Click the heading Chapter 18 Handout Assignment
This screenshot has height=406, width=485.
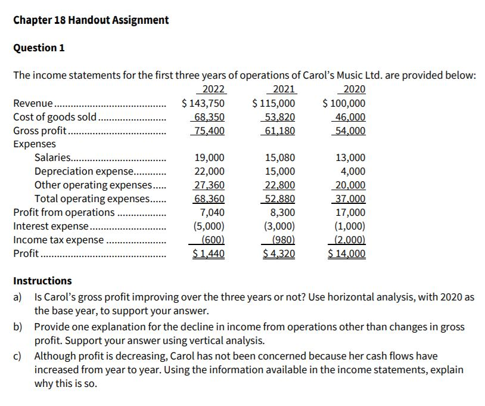pyautogui.click(x=91, y=20)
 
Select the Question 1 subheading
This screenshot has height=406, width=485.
pyautogui.click(x=39, y=48)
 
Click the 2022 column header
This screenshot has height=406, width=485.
pyautogui.click(x=214, y=90)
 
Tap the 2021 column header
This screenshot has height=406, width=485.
pyautogui.click(x=284, y=90)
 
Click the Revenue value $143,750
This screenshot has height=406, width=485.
pyautogui.click(x=203, y=104)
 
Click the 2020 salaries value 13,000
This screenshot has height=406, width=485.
pyautogui.click(x=351, y=158)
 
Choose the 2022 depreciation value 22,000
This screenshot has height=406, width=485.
pyautogui.click(x=210, y=172)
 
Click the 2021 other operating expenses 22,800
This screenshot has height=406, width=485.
pyautogui.click(x=279, y=185)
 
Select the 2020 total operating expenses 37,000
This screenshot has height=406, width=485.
pyautogui.click(x=351, y=199)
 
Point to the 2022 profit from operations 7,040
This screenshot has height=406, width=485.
pyautogui.click(x=212, y=213)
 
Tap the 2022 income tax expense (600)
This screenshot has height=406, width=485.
pyautogui.click(x=213, y=240)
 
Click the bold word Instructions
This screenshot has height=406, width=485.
pyautogui.click(x=42, y=281)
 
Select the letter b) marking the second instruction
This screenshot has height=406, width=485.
pyautogui.click(x=18, y=327)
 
